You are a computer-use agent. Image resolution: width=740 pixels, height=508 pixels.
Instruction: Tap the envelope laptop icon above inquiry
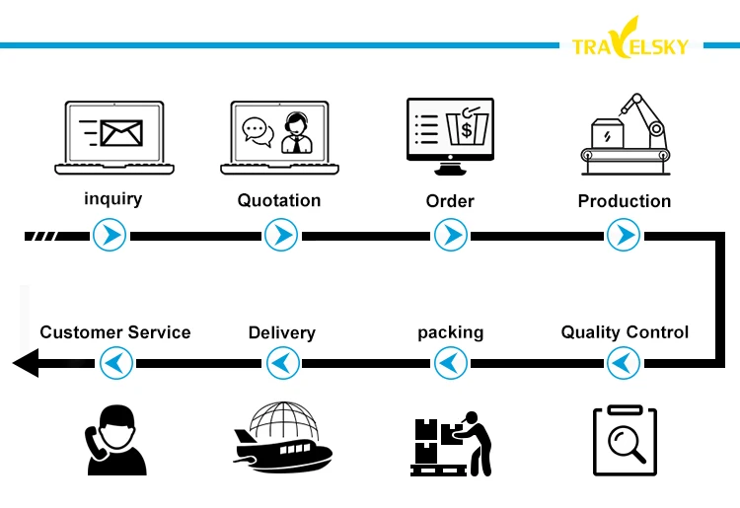pyautogui.click(x=114, y=136)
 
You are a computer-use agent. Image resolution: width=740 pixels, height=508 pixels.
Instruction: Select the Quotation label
pyautogui.click(x=279, y=200)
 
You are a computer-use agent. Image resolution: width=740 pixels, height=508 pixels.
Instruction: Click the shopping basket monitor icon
pyautogui.click(x=451, y=129)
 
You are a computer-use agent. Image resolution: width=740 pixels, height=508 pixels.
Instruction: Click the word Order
pyautogui.click(x=450, y=201)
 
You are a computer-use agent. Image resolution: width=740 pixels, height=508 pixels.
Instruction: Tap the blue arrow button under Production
pyautogui.click(x=623, y=235)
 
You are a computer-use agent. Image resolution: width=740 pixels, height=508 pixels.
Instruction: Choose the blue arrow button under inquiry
pyautogui.click(x=109, y=235)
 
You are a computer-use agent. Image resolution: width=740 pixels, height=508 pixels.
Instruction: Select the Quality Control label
pyautogui.click(x=625, y=331)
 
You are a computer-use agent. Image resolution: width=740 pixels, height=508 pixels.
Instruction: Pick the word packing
pyautogui.click(x=451, y=331)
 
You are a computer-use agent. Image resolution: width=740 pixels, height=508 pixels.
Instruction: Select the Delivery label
pyautogui.click(x=282, y=332)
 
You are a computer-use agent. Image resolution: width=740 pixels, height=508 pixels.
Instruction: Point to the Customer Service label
pyautogui.click(x=115, y=332)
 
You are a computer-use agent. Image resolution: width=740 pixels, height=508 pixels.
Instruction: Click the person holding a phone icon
pyautogui.click(x=113, y=440)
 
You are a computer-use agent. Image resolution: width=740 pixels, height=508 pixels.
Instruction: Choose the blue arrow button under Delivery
pyautogui.click(x=283, y=364)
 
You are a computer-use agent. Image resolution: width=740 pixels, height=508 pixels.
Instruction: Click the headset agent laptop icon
pyautogui.click(x=279, y=136)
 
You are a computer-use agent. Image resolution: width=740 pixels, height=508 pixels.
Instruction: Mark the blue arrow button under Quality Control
pyautogui.click(x=623, y=364)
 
